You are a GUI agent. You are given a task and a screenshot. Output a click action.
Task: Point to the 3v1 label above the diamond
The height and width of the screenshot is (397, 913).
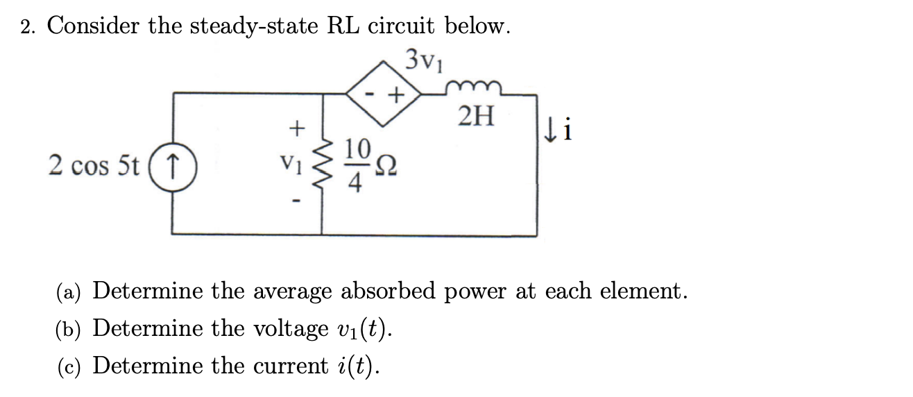click(x=425, y=59)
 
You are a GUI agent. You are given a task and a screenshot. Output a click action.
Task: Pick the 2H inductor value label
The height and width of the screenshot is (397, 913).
click(x=477, y=117)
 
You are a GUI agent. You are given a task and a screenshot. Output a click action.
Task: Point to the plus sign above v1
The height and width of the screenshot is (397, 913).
click(x=296, y=128)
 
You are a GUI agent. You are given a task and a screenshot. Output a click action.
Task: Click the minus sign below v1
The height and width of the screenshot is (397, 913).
click(x=296, y=202)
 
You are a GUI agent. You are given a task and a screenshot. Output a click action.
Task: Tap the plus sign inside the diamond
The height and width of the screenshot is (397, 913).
click(x=396, y=94)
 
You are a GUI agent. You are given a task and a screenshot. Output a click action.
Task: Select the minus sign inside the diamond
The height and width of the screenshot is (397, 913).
click(x=372, y=92)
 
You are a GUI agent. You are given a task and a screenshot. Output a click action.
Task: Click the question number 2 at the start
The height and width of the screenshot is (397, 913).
click(x=27, y=26)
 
